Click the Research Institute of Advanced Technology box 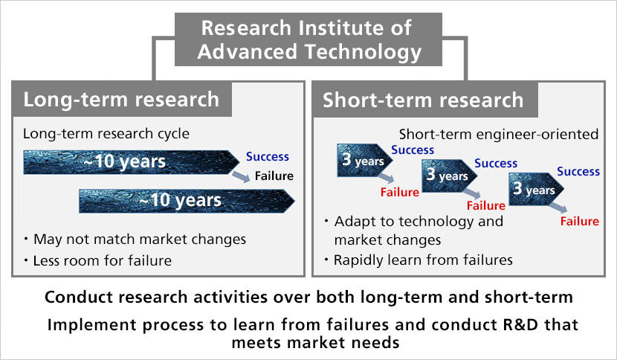coord(308,39)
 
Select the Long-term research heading coord(121,99)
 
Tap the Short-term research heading coord(423,100)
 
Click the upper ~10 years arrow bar coord(132,162)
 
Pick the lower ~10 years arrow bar coord(187,201)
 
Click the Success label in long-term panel coord(268,157)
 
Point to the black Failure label coord(274,176)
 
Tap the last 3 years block coord(536,189)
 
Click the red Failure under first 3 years coord(400,192)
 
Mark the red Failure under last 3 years coord(580,222)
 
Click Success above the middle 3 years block coord(496,163)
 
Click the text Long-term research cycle coord(106,134)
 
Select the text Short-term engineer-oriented coord(499,135)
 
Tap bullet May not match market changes coord(135,239)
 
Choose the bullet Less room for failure coord(98,260)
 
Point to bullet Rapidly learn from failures coord(419,260)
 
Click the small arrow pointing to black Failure coord(241,177)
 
